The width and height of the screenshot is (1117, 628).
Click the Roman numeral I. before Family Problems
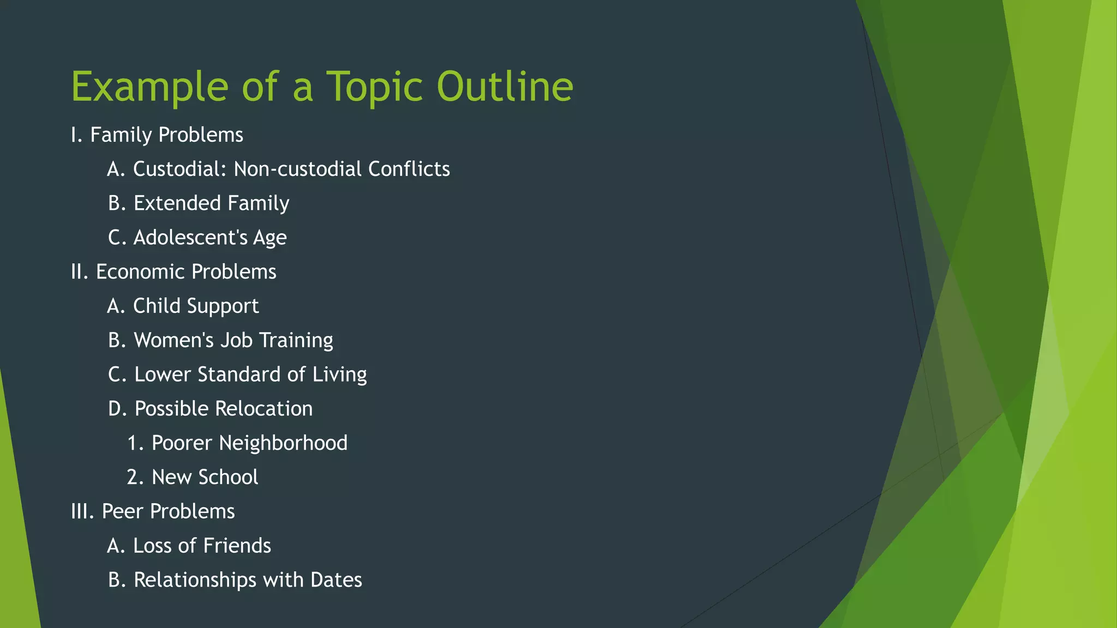76,135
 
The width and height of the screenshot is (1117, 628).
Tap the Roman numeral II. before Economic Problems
80,271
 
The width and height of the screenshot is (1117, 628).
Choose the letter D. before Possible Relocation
117,409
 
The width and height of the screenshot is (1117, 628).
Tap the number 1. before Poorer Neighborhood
135,443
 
